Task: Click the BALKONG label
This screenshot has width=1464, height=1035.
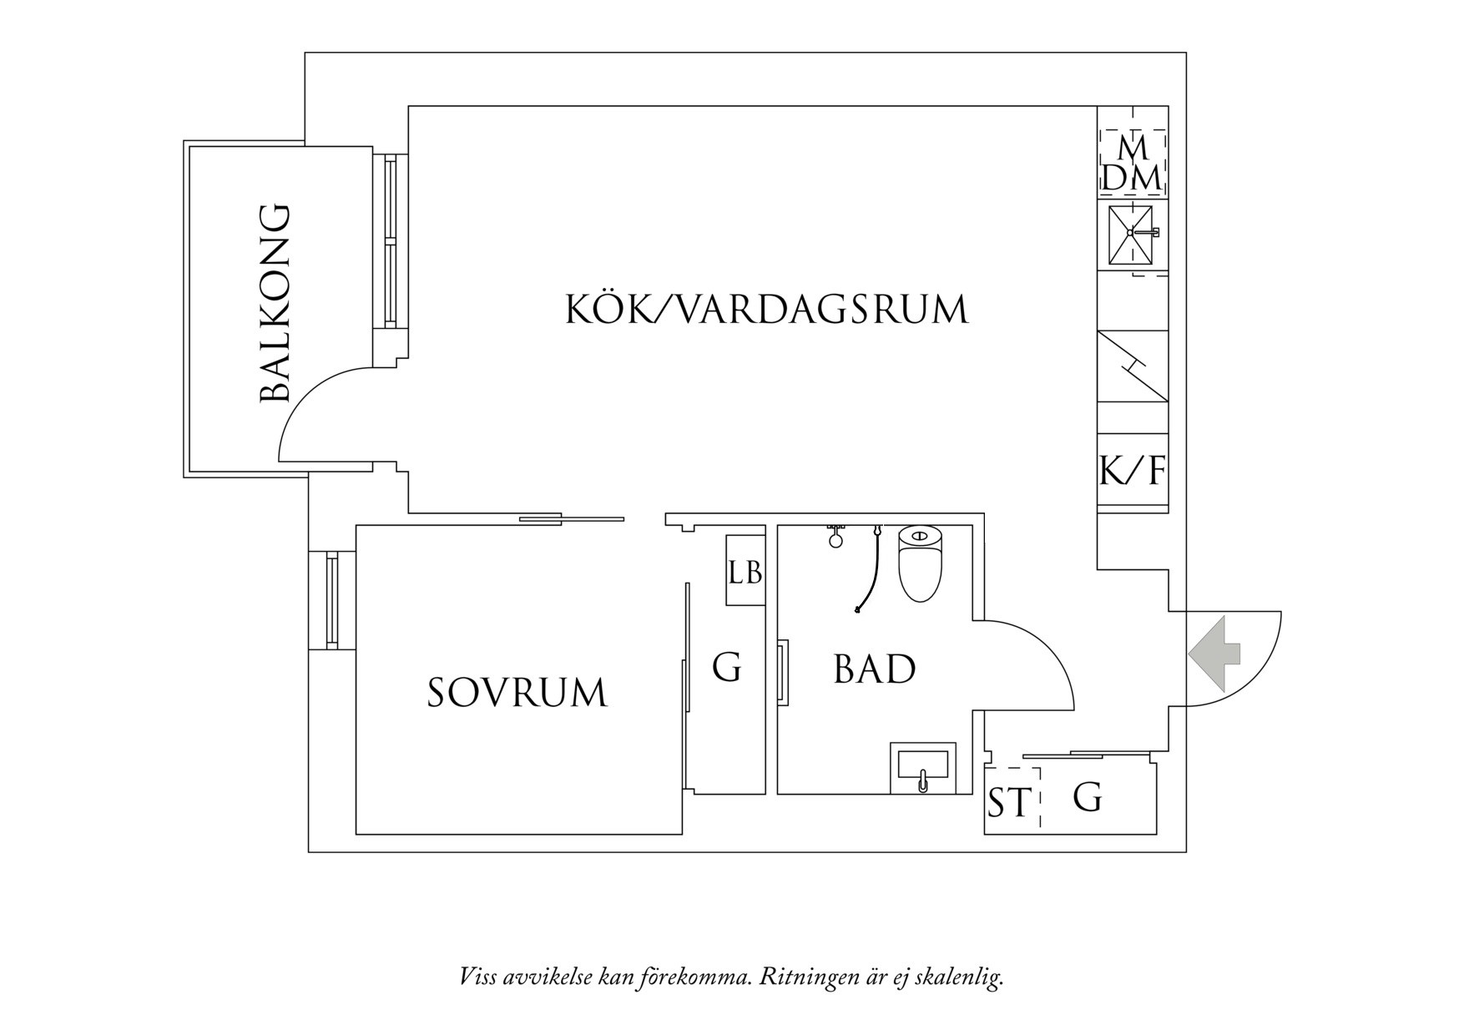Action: [x=275, y=304]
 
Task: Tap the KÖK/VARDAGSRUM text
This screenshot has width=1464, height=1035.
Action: [x=766, y=310]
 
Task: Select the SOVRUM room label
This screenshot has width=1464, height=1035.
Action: [x=517, y=694]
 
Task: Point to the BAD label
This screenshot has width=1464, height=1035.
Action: [x=874, y=670]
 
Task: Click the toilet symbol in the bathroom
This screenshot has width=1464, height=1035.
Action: [x=920, y=563]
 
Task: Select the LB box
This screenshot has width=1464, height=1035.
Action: [x=745, y=572]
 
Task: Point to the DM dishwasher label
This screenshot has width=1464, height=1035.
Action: [x=1132, y=178]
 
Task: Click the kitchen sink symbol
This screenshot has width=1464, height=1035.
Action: [x=1130, y=233]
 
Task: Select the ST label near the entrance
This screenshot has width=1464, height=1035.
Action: [x=1009, y=803]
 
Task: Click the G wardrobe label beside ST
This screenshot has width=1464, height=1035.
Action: [x=1087, y=798]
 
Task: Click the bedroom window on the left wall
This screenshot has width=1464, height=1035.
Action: [x=332, y=599]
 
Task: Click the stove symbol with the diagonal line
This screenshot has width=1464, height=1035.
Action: [x=1132, y=366]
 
